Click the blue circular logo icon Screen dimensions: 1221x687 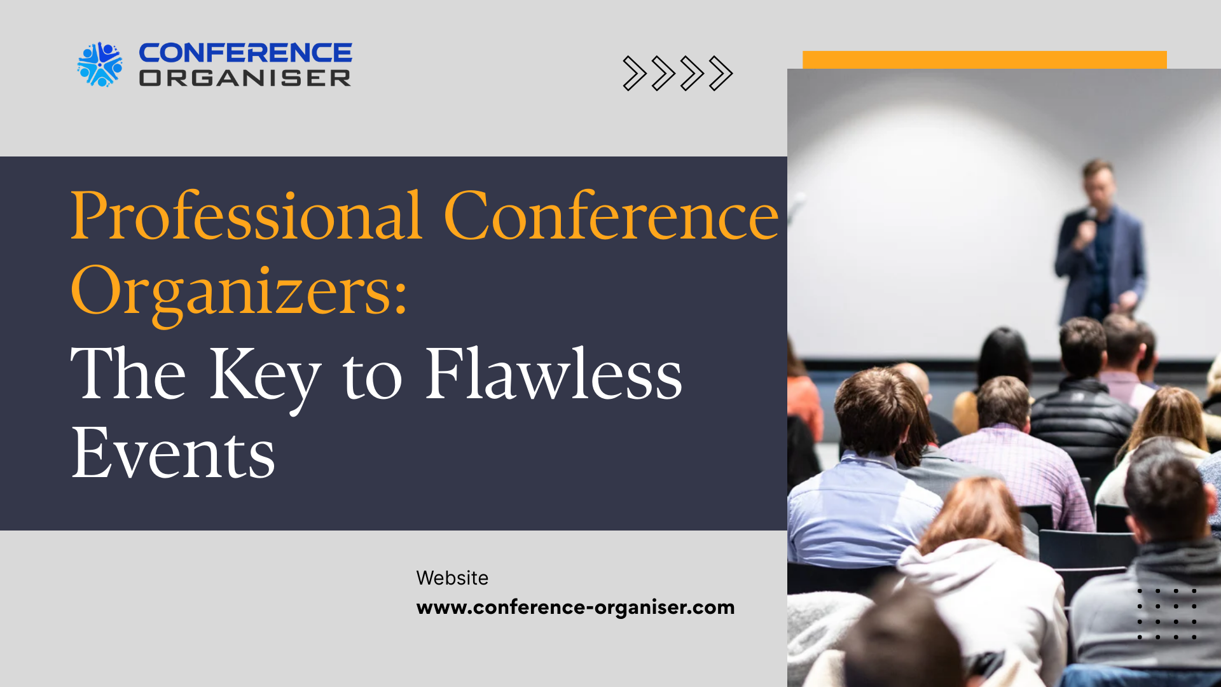point(100,64)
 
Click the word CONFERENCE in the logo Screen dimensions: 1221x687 point(245,53)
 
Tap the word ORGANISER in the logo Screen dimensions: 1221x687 point(245,78)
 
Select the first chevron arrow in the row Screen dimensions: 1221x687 point(634,74)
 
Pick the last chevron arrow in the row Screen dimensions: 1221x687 point(721,74)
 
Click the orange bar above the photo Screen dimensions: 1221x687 point(984,60)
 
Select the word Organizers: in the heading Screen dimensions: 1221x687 point(239,293)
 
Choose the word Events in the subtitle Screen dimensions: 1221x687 point(173,453)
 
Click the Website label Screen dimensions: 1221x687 point(452,578)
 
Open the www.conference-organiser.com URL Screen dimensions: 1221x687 point(576,607)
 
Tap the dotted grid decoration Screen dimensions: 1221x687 point(1167,614)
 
